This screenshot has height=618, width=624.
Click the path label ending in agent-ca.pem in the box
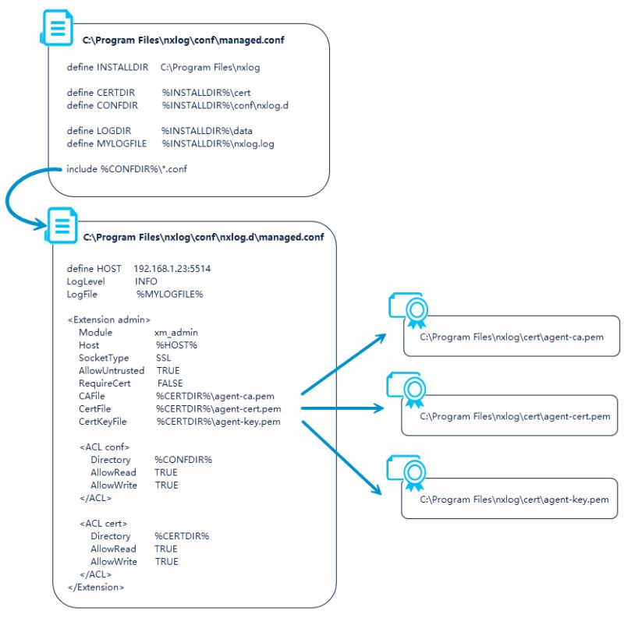510,337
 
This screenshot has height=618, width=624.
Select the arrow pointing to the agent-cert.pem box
343,408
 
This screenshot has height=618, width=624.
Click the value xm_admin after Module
176,332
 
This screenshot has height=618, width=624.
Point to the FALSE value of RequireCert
170,383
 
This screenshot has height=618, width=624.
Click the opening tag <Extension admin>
109,320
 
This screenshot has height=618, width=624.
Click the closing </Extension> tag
96,587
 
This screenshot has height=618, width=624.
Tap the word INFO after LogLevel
146,281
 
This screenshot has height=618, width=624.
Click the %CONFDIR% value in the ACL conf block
183,460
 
